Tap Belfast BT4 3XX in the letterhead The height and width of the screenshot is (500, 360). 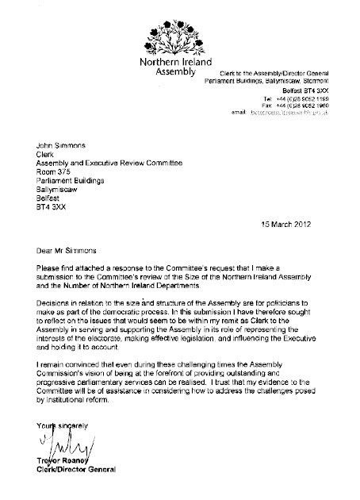[304, 91]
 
